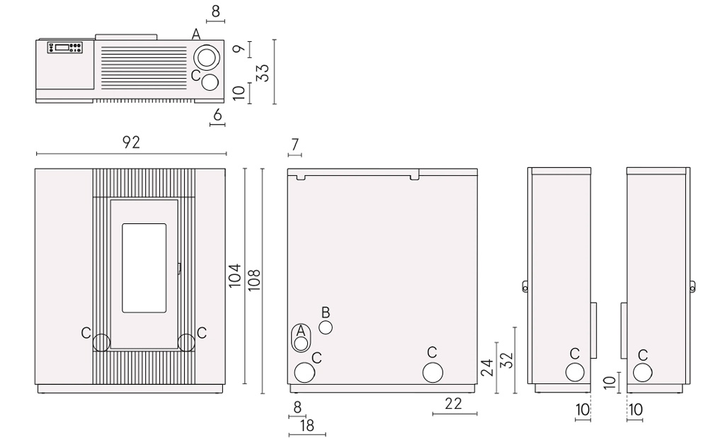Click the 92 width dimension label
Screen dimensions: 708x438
click(131, 142)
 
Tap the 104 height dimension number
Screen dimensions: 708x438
click(235, 276)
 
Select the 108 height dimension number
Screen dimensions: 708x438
click(253, 280)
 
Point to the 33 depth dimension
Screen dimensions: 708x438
click(263, 72)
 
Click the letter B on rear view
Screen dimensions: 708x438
click(326, 313)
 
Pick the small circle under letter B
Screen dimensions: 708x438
click(326, 327)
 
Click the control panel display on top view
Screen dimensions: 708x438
click(62, 47)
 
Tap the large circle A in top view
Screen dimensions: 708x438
click(207, 58)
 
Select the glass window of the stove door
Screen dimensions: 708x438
click(144, 268)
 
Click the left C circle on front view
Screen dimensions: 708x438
click(101, 342)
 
